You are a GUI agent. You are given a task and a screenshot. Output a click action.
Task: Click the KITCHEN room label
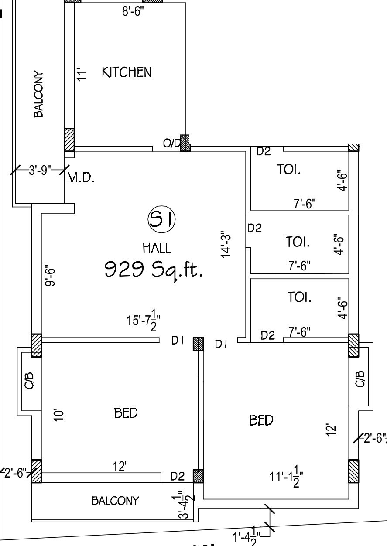(x=127, y=72)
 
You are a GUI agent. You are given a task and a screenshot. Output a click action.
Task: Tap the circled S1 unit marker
(x=161, y=219)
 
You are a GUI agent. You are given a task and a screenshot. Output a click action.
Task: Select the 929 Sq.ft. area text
(x=154, y=270)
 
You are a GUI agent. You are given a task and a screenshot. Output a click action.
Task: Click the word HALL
(x=157, y=248)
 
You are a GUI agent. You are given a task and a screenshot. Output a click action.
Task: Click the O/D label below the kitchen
(x=171, y=143)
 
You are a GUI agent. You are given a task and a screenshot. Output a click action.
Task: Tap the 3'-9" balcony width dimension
(x=40, y=170)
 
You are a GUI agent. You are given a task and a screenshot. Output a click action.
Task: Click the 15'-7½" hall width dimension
(x=144, y=320)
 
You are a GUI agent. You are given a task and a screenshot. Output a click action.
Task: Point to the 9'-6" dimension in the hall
(x=50, y=275)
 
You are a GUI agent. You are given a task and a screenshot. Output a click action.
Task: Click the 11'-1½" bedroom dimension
(x=286, y=476)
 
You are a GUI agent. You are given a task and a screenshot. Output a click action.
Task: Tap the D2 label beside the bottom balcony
(x=178, y=476)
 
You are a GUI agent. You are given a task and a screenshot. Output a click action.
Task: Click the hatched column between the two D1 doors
(x=199, y=344)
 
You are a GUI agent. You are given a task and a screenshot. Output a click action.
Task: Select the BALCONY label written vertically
(x=38, y=94)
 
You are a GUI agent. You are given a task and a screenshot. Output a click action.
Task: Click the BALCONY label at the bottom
(x=115, y=501)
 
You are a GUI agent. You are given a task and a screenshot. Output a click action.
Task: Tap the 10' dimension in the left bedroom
(x=59, y=414)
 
